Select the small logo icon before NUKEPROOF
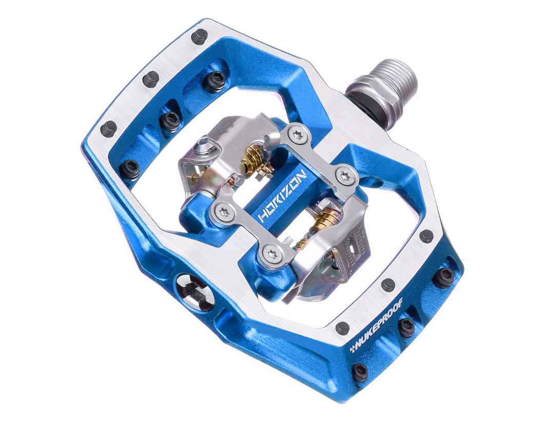353,349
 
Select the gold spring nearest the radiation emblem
254,154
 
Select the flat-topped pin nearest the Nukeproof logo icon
342,328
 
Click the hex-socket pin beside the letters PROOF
407,327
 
